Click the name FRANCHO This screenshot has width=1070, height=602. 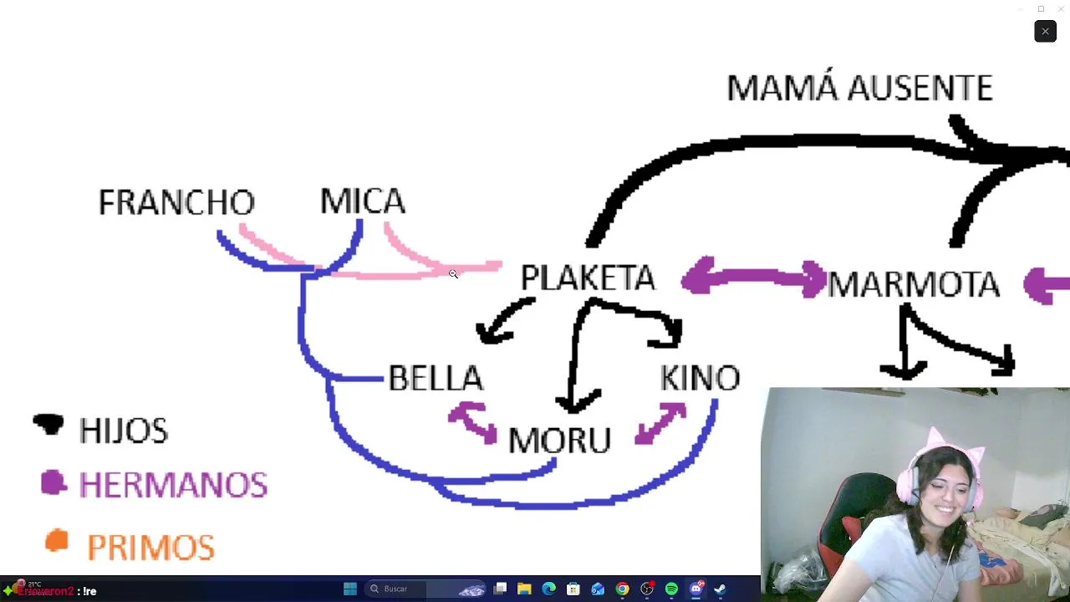point(176,202)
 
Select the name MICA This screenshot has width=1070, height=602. point(363,202)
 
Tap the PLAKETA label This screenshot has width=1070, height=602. point(588,278)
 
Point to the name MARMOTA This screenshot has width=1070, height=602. point(914,284)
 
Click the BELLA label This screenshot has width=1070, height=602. point(436,379)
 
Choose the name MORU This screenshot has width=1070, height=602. point(559,441)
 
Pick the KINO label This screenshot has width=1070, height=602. point(700,378)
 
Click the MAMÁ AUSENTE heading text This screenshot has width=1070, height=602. point(859,88)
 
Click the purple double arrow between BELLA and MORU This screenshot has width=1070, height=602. point(472,421)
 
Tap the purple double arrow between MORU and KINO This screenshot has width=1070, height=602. point(660,422)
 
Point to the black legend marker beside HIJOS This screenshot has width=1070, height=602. point(48,425)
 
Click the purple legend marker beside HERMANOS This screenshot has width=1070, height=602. point(53,482)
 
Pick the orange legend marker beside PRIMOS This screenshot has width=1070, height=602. point(56,542)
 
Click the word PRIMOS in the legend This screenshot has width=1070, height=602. point(150,548)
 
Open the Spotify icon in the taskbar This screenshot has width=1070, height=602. point(671,589)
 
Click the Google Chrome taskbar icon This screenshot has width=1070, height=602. point(622,589)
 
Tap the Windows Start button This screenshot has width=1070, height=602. point(350,589)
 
